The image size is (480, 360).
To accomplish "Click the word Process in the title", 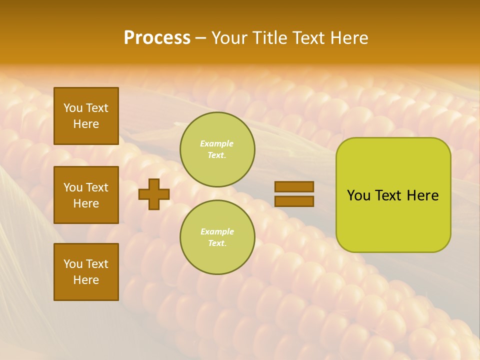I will pos(157,38).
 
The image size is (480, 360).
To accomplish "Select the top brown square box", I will pos(86,116).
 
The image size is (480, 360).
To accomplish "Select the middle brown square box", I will pos(86,195).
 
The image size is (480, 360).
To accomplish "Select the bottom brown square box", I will pos(86,272).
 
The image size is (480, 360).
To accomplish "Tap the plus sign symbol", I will pos(153,194).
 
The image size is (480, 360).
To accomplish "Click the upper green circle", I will pos(217,149).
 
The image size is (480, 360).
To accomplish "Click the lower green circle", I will pos(217,237).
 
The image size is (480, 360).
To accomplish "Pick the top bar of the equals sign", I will pos(294,186).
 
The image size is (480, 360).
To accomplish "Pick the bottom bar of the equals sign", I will pos(294,201).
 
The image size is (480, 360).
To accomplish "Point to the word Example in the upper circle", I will pos(217,143).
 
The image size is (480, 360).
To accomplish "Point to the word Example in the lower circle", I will pos(217,231).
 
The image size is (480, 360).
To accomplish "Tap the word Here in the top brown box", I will pos(86,124).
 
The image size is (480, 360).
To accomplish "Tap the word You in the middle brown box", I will pos(73,187).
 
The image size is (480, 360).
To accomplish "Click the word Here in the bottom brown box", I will pos(86,280).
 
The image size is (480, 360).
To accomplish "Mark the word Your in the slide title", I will pos(229,38).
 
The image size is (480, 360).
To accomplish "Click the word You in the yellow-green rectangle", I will pos(358,195).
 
